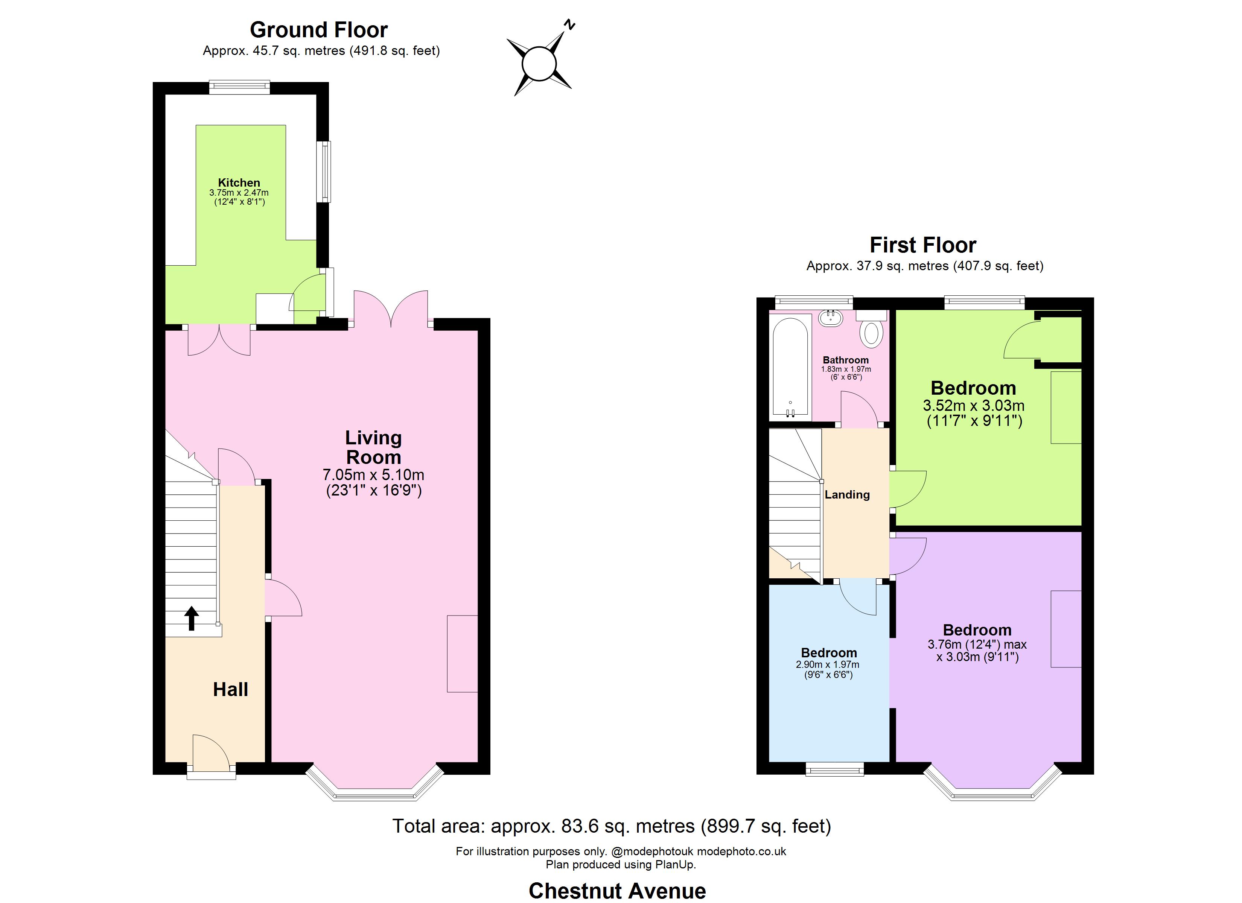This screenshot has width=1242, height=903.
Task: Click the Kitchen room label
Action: [239, 182]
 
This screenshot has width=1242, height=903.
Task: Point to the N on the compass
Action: [570, 24]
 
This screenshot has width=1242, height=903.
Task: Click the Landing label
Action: [847, 494]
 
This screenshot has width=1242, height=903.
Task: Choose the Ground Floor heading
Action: [319, 30]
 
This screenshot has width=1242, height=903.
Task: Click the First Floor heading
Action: [923, 245]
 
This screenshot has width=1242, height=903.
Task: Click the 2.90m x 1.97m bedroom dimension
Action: [828, 664]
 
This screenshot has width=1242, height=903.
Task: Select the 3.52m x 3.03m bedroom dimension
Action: [973, 405]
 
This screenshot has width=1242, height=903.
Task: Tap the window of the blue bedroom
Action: [834, 770]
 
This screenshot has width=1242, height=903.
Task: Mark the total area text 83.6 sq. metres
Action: [612, 826]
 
